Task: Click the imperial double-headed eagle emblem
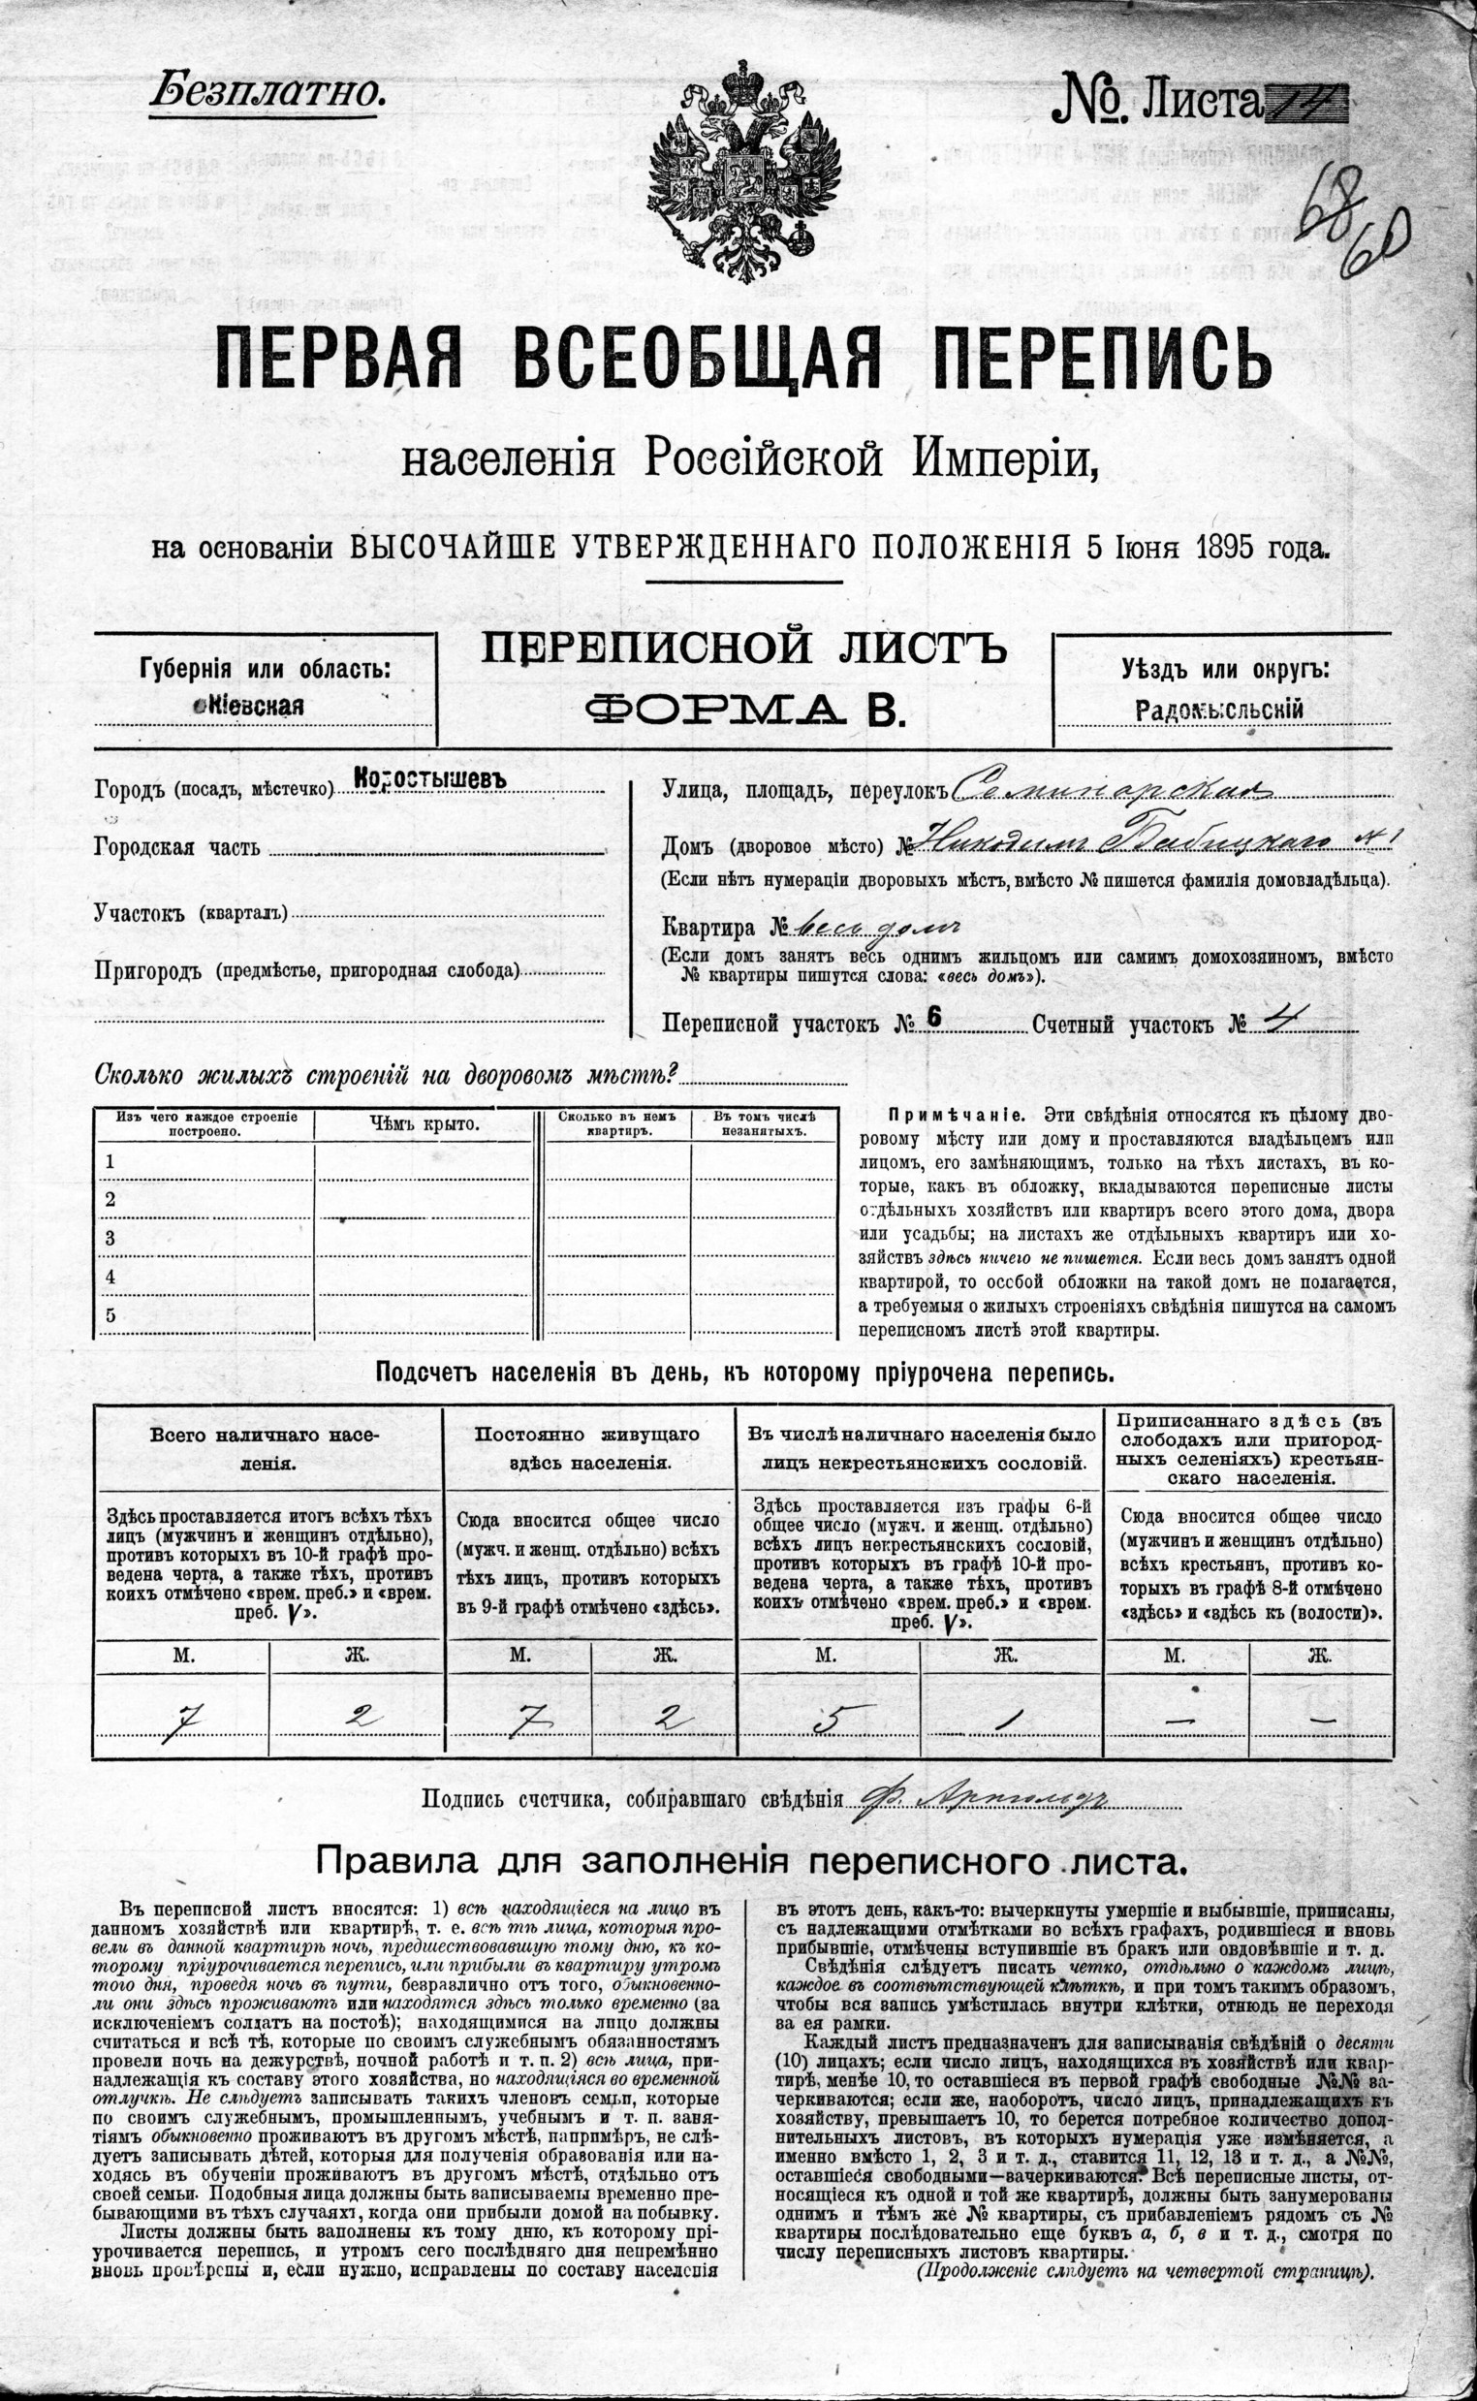point(742,171)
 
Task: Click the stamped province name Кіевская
point(250,706)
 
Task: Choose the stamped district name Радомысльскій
point(1219,710)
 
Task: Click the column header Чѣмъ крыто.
point(424,1124)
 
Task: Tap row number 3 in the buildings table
point(110,1238)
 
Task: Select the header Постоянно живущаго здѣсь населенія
point(588,1448)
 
